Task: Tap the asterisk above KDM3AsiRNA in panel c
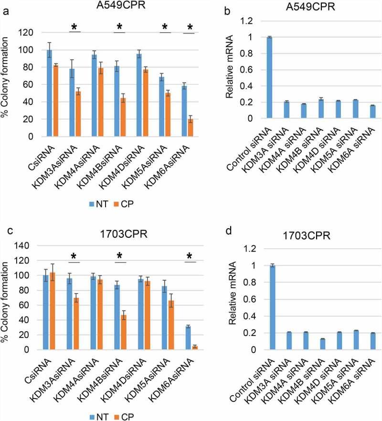click(x=74, y=256)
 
